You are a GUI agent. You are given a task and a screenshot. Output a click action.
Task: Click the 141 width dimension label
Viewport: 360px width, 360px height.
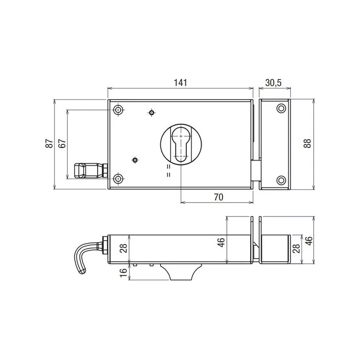[x=180, y=83]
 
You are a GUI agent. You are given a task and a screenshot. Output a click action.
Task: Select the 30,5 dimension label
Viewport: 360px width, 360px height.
[x=273, y=83]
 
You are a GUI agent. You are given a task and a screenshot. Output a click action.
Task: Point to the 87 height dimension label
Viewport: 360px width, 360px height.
[x=49, y=144]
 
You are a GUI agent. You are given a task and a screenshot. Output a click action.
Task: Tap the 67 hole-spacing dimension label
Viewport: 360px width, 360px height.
[x=63, y=144]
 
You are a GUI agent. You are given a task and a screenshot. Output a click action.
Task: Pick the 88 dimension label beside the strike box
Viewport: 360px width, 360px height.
[x=307, y=144]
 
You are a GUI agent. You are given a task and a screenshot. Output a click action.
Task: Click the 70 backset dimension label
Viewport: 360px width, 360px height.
[x=218, y=197]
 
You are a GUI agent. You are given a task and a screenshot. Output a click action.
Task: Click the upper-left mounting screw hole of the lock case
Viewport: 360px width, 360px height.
[x=118, y=110]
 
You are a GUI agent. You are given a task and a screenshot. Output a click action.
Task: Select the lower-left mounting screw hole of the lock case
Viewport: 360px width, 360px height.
[x=118, y=179]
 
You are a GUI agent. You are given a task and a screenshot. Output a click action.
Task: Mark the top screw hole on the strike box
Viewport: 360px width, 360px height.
[x=281, y=109]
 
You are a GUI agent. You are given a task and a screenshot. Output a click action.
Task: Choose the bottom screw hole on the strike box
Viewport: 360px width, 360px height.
[x=281, y=180]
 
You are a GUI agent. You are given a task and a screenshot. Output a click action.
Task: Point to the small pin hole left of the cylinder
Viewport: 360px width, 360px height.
[x=135, y=159]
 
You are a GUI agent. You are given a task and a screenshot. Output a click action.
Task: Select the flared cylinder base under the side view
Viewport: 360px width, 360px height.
[x=179, y=272]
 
